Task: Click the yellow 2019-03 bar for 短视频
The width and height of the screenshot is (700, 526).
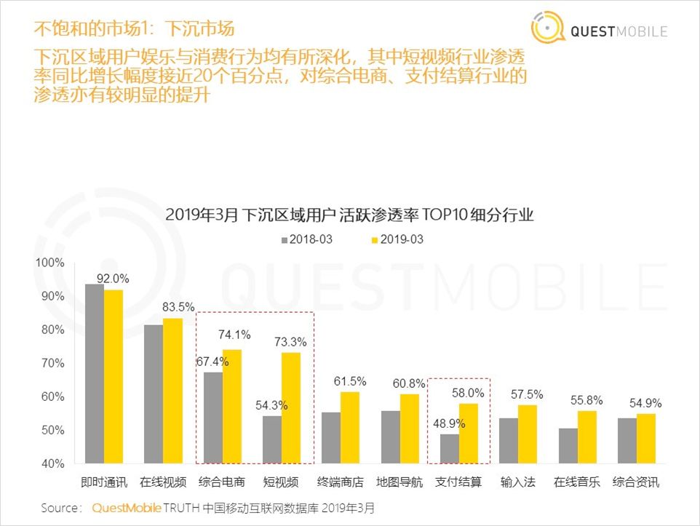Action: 291,407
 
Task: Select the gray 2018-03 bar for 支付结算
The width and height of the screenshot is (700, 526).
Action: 450,448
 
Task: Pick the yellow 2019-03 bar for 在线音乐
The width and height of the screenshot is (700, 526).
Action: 587,437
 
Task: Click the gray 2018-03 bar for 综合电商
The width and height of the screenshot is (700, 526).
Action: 212,418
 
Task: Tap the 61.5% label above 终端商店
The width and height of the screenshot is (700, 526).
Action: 350,381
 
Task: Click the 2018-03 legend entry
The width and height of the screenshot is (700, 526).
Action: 305,239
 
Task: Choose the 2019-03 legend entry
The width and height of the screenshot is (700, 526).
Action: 397,239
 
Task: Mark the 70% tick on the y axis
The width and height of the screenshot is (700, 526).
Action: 52,363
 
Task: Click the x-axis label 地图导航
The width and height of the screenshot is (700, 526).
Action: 399,482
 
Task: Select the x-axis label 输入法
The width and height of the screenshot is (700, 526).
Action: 517,482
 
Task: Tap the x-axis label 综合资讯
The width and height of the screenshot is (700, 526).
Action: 636,482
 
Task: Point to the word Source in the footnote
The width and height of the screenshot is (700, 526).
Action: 59,508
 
